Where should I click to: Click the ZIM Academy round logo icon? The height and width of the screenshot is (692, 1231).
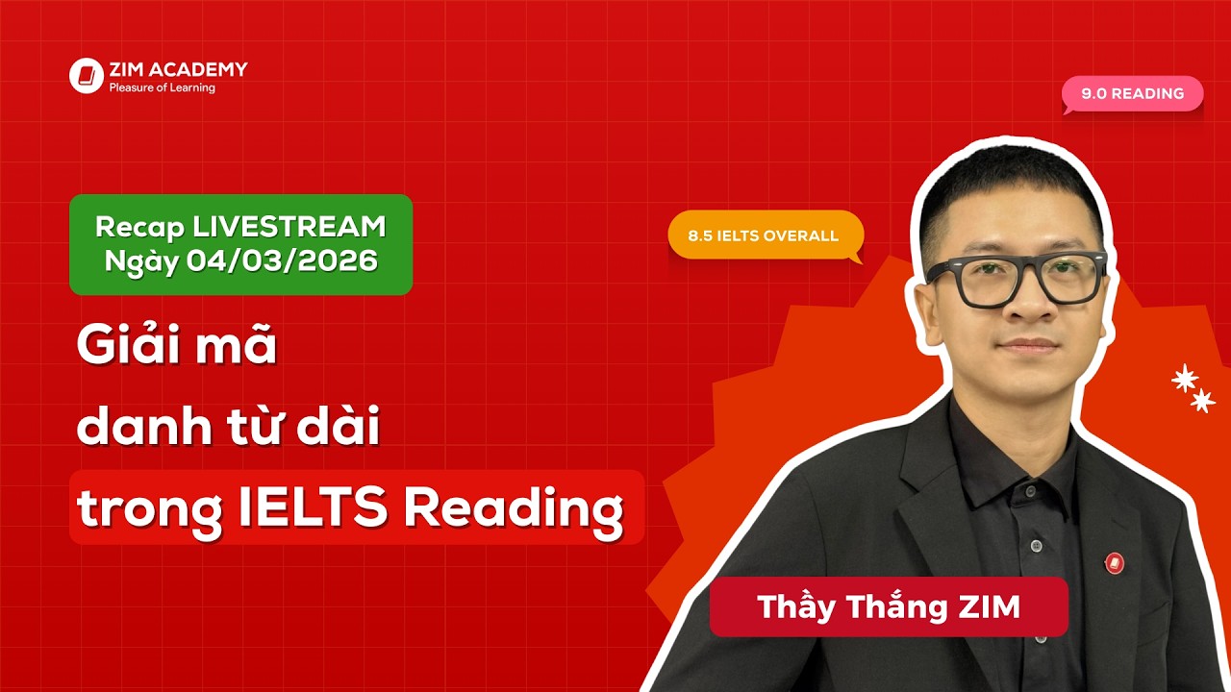86,76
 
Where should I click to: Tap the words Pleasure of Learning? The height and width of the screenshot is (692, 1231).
162,88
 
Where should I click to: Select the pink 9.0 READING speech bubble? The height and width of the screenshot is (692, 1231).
1132,94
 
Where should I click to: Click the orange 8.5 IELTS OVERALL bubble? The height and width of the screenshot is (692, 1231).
764,235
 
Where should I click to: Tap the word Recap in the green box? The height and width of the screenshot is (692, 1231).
139,227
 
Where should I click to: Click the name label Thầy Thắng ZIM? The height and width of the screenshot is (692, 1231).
888,607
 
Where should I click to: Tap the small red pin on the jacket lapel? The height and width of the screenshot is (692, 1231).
1115,561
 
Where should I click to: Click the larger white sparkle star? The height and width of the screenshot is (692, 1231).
1185,379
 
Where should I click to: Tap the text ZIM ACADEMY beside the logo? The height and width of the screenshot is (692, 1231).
178,69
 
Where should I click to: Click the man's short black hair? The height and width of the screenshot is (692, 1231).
1010,183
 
